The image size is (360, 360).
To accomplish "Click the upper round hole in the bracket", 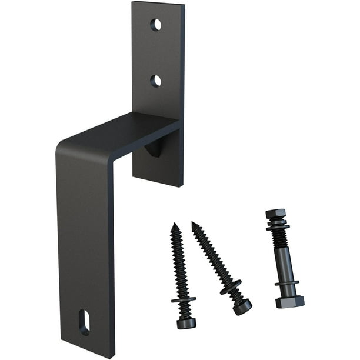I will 155,25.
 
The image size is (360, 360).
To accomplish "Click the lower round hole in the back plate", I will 155,81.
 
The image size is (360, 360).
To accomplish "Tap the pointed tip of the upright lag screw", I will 174,225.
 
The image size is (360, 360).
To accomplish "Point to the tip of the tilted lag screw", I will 194,224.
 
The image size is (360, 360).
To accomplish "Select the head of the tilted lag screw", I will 242,306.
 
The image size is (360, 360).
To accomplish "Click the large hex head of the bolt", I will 289,302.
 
